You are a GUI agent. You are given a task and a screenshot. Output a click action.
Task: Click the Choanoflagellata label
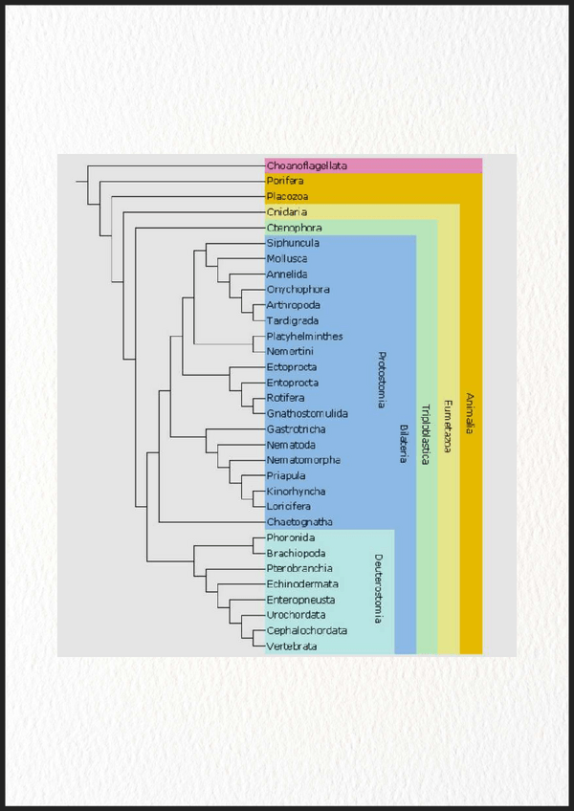pyautogui.click(x=306, y=165)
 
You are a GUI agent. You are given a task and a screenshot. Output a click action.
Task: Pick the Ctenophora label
pyautogui.click(x=294, y=228)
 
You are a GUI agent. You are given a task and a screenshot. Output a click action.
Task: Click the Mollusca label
pyautogui.click(x=287, y=258)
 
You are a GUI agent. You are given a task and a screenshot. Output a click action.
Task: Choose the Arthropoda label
pyautogui.click(x=292, y=305)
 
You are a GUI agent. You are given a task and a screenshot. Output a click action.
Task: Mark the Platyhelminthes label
pyautogui.click(x=304, y=336)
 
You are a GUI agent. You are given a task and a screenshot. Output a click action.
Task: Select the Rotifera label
pyautogui.click(x=286, y=398)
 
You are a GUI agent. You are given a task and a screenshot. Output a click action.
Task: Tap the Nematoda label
pyautogui.click(x=290, y=445)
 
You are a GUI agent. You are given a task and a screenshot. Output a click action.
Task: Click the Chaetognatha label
pyautogui.click(x=299, y=522)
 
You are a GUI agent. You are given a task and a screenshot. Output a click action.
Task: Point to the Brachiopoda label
pyautogui.click(x=296, y=553)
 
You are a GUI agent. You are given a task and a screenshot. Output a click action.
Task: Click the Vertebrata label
pyautogui.click(x=292, y=647)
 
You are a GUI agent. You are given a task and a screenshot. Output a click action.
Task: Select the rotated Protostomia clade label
pyautogui.click(x=381, y=382)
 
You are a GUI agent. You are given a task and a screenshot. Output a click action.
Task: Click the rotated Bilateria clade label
pyautogui.click(x=403, y=444)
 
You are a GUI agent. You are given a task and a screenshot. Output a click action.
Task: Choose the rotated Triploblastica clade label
pyautogui.click(x=425, y=436)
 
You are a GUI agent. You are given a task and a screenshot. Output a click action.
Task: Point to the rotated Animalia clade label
pyautogui.click(x=469, y=414)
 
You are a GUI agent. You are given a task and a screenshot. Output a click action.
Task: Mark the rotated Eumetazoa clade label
pyautogui.click(x=447, y=426)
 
